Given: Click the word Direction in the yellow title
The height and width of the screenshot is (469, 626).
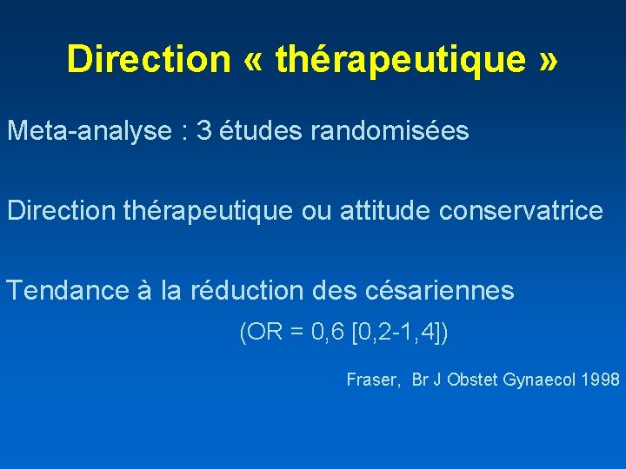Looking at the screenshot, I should point(148,59).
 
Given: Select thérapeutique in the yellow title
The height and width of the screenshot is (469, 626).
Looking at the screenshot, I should point(401,59).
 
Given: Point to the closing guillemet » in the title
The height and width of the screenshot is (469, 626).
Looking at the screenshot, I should point(547,59).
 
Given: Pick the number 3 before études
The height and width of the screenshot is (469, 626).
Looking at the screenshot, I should point(204,131).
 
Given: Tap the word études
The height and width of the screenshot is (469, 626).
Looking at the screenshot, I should point(258,131).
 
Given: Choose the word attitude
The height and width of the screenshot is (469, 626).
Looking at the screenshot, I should point(375,211).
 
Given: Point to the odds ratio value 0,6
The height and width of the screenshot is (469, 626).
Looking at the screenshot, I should point(330,333).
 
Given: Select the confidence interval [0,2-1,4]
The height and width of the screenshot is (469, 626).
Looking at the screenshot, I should point(397,333).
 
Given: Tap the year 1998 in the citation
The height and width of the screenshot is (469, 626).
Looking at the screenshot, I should point(601,380).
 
